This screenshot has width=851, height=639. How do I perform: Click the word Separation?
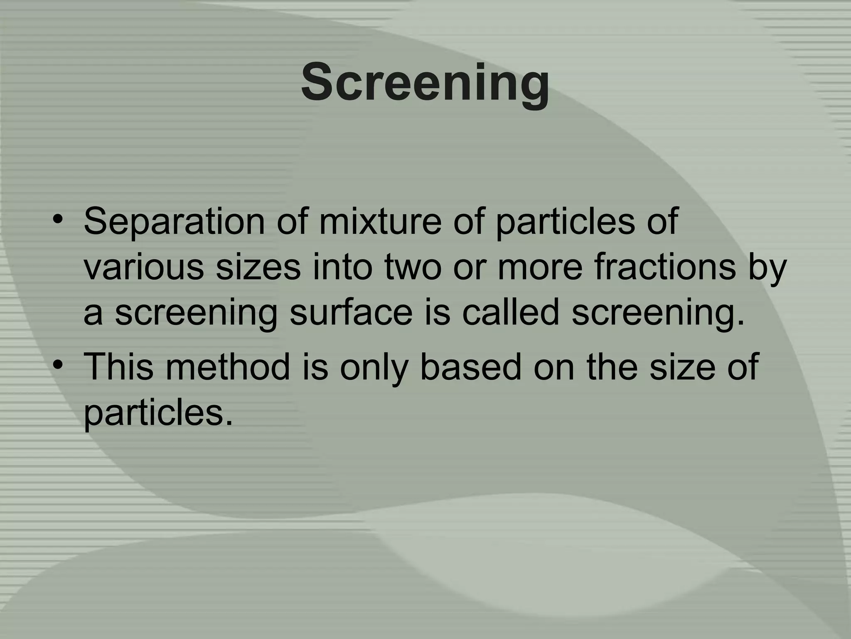tap(174, 221)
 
